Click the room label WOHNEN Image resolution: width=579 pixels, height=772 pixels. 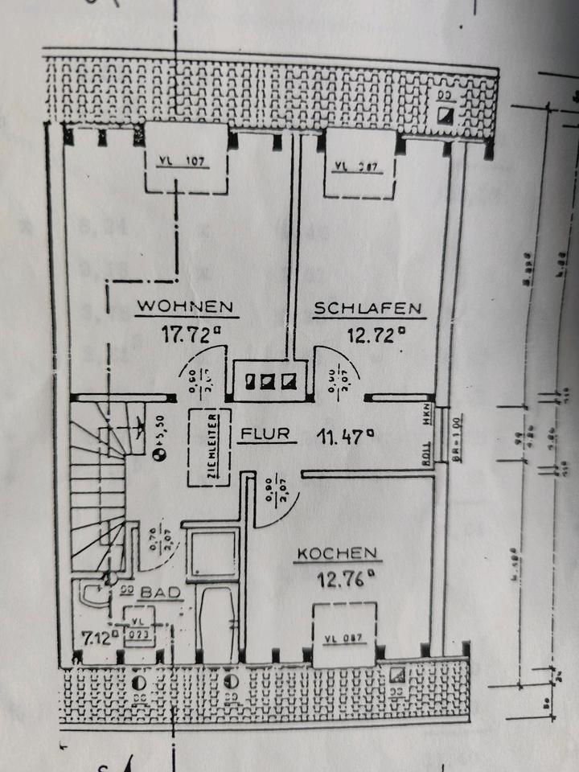tap(185, 306)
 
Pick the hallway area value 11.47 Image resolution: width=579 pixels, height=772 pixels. tap(346, 437)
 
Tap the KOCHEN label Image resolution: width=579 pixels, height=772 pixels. tap(337, 553)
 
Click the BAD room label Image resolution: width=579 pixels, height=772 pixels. tap(158, 593)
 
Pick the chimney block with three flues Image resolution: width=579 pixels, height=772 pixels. tap(265, 380)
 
